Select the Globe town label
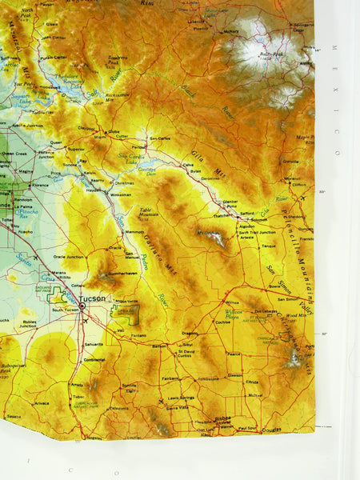click(114, 131)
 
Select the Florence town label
click(40, 184)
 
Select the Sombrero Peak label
click(118, 60)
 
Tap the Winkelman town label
click(121, 194)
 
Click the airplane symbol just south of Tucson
click(85, 321)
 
